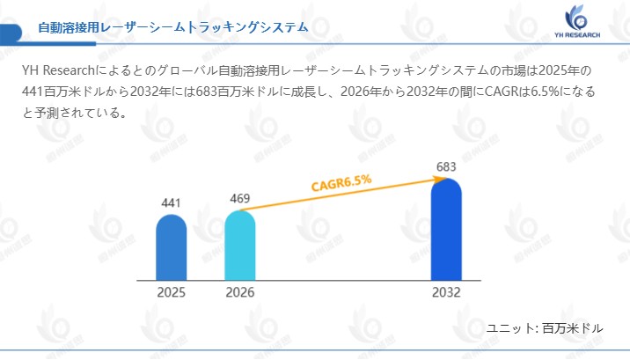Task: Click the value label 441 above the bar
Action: [x=171, y=203]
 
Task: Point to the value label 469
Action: [x=239, y=198]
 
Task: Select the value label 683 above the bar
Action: [x=446, y=167]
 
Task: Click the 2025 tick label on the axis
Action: [x=171, y=293]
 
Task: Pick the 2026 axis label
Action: [x=239, y=293]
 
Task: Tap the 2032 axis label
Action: [x=446, y=293]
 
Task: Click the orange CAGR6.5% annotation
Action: [x=341, y=182]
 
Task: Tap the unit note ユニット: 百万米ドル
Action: [x=546, y=328]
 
